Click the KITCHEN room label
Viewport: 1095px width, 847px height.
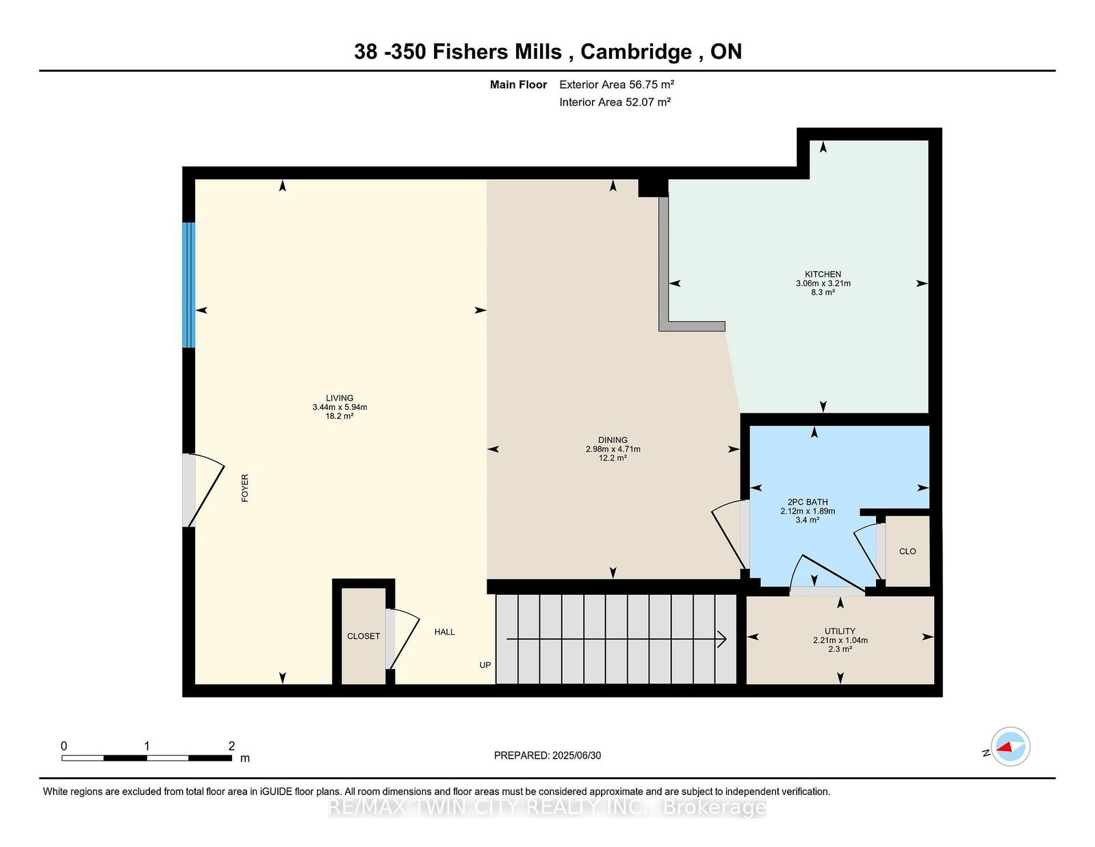pos(823,274)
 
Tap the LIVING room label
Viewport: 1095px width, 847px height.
pos(339,398)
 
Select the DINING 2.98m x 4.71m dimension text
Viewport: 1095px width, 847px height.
pos(613,449)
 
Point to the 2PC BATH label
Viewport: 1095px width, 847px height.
pos(808,502)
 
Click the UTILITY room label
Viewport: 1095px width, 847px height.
pos(840,631)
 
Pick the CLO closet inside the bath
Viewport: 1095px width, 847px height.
pos(907,551)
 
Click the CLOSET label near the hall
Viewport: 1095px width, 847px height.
pos(363,636)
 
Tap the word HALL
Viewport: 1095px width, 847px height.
pos(444,632)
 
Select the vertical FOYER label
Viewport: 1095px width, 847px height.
pos(245,488)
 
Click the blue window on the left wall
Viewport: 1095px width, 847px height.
pos(188,285)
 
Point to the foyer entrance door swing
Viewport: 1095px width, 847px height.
pos(205,490)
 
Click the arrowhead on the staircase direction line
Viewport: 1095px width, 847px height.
pos(721,639)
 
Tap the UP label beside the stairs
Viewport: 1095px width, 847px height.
pos(485,665)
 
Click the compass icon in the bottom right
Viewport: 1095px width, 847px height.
pos(1010,746)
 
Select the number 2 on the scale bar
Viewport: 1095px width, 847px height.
pos(231,746)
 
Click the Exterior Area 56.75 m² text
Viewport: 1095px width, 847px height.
pos(617,85)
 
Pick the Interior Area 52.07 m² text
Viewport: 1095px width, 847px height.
pos(615,102)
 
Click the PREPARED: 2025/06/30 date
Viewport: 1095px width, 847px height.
pos(547,755)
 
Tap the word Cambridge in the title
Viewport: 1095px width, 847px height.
pos(636,52)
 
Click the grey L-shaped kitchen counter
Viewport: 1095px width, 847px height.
pos(664,274)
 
